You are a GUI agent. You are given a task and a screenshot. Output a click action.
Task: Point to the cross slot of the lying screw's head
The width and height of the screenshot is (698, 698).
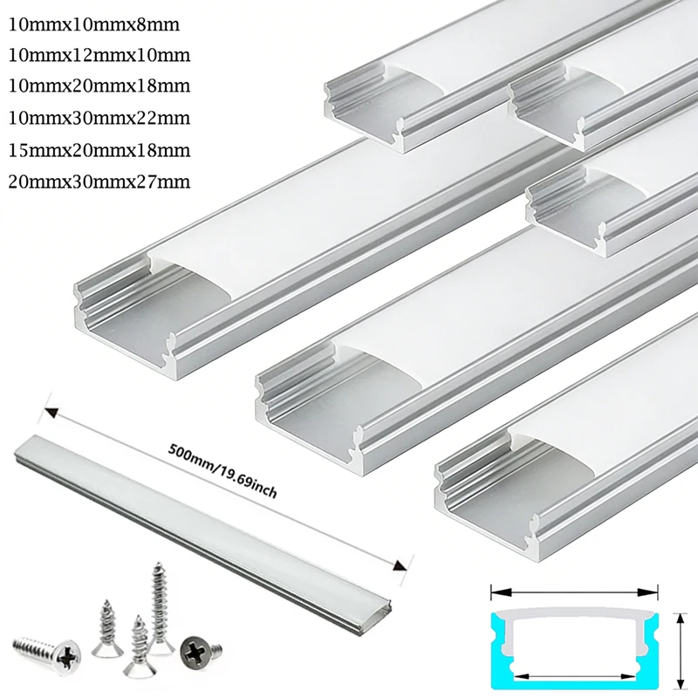69,649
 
